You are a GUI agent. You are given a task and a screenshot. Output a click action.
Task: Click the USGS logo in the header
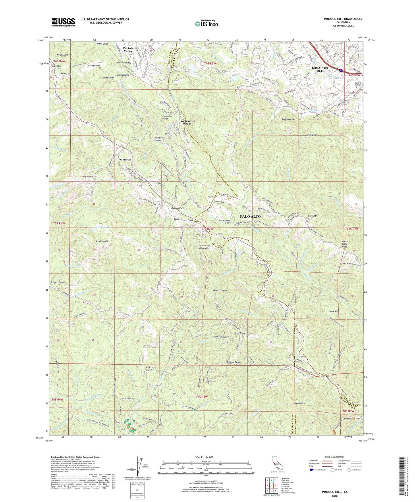point(63,22)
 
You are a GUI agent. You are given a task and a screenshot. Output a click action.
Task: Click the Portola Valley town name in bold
point(128,49)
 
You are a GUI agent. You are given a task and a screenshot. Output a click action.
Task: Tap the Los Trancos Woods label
point(187,122)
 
